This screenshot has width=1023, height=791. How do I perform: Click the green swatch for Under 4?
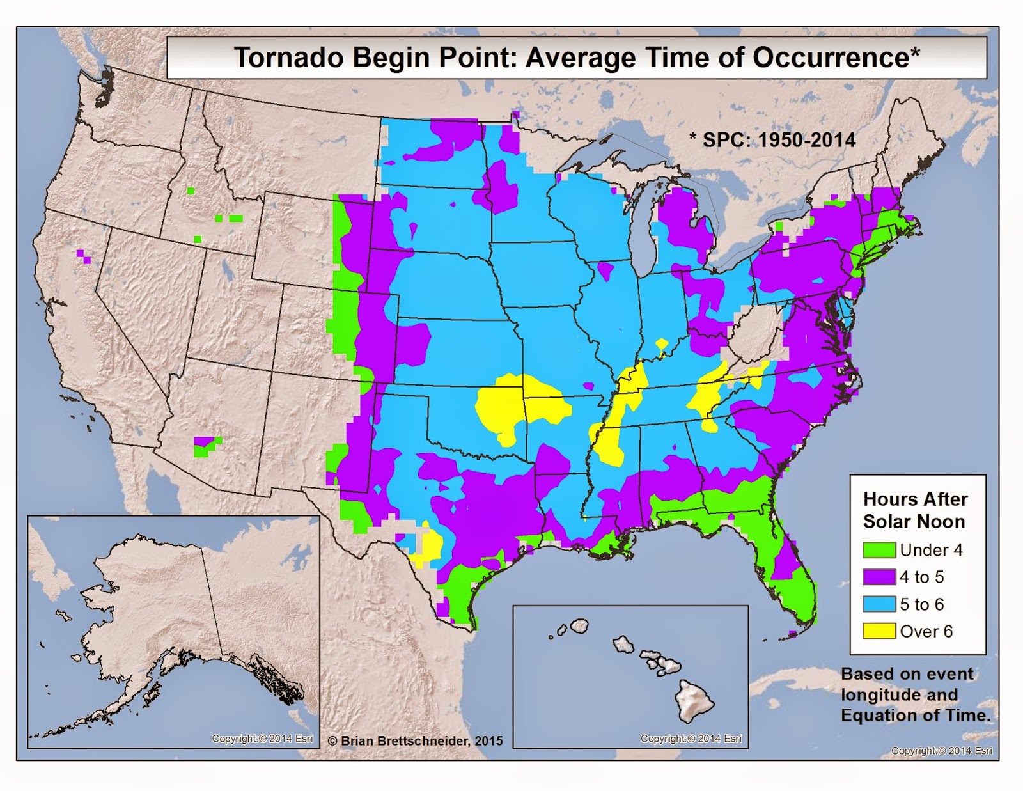(x=879, y=550)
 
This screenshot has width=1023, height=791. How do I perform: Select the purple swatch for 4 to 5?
(x=879, y=577)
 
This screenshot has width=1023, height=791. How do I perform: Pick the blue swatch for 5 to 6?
(x=879, y=604)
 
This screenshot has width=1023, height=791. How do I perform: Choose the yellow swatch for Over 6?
(x=879, y=632)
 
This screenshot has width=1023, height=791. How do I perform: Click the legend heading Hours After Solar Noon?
(x=915, y=510)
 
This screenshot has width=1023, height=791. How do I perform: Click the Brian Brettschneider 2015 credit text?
(x=415, y=740)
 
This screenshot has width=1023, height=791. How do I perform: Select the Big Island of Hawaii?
(x=692, y=700)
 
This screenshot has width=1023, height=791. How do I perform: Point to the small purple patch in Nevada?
(x=84, y=256)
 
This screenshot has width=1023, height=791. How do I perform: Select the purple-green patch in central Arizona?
(x=207, y=446)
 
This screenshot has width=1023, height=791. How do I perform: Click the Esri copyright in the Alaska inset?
(x=262, y=739)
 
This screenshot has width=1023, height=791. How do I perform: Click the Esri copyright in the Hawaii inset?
(x=691, y=739)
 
